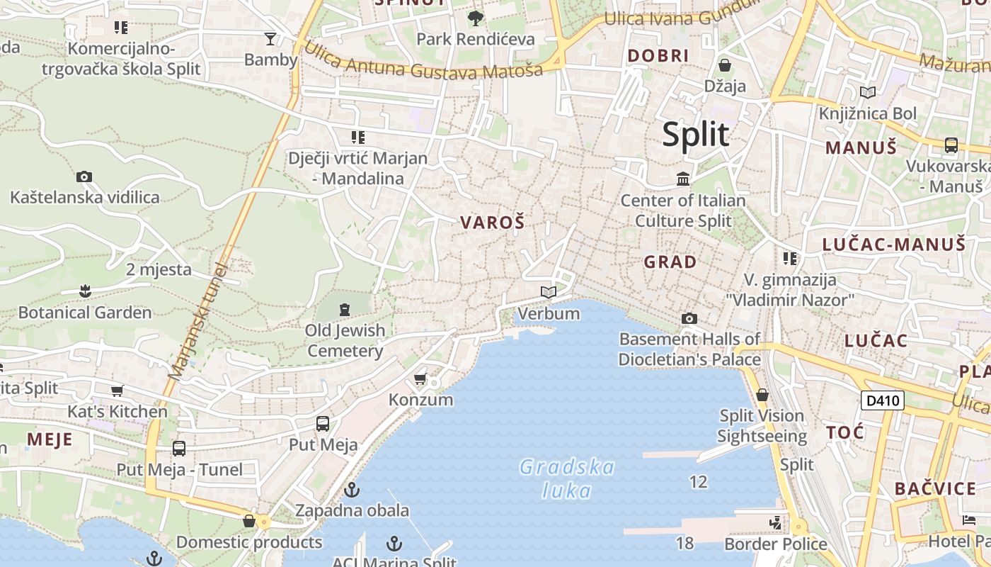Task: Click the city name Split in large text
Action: [x=695, y=135]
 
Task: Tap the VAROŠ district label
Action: [x=493, y=223]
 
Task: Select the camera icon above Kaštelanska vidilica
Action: [x=84, y=176]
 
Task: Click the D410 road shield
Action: [x=883, y=400]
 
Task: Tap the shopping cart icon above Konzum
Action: [x=420, y=379]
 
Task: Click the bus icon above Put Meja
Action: [x=323, y=424]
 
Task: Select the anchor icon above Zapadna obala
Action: [x=352, y=490]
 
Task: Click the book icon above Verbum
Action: [x=549, y=292]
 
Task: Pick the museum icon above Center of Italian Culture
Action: [x=683, y=179]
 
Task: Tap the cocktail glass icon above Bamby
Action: [x=270, y=38]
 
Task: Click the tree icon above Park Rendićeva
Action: [x=475, y=18]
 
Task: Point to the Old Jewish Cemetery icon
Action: [x=345, y=310]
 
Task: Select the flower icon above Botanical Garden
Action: [x=85, y=291]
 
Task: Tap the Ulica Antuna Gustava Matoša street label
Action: [x=423, y=65]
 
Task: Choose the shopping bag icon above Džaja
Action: [x=725, y=65]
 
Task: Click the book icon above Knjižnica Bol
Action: [x=867, y=92]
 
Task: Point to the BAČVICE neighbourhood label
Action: [x=935, y=488]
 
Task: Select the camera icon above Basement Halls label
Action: [x=689, y=318]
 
